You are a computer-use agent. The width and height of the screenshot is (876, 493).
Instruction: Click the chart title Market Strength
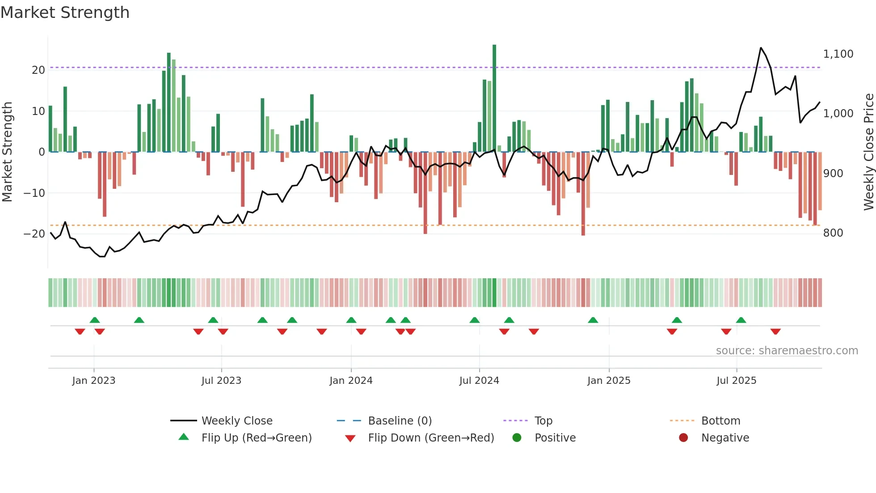tap(65, 13)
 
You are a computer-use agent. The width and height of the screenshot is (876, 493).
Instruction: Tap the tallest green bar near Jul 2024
tap(494, 98)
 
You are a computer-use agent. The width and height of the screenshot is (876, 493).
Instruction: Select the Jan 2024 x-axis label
tap(351, 381)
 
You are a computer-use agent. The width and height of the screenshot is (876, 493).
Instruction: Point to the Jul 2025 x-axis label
tap(736, 381)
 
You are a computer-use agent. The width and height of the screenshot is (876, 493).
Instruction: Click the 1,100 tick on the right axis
tap(838, 54)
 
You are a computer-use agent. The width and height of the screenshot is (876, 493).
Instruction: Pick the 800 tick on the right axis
tap(833, 233)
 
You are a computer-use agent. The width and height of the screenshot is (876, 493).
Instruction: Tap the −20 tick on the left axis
tap(34, 234)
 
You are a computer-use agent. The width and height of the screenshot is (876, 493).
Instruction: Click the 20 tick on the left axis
tap(38, 70)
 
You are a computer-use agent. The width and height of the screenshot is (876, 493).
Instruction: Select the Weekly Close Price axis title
tap(868, 152)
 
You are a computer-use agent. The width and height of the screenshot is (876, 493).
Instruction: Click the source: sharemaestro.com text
tap(787, 351)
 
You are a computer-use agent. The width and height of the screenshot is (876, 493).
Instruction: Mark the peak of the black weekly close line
tap(761, 48)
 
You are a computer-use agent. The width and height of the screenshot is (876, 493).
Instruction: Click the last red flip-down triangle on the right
tap(775, 331)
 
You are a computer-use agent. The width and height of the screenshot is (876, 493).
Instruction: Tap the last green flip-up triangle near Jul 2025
tap(741, 320)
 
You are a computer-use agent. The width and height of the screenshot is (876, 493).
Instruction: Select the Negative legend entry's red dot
tap(683, 438)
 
